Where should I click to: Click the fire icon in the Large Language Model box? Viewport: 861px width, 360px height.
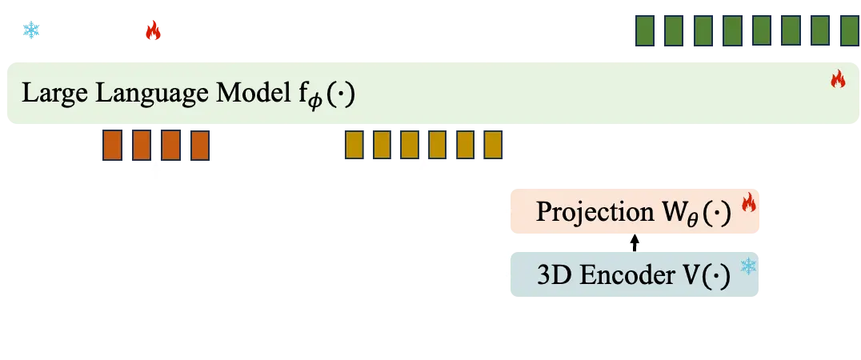click(x=837, y=78)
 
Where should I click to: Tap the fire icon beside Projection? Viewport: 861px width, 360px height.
click(x=748, y=204)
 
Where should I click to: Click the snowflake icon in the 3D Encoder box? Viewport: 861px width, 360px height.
click(x=748, y=266)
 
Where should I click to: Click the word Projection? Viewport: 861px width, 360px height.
click(x=591, y=213)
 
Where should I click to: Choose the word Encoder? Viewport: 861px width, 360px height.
click(x=617, y=275)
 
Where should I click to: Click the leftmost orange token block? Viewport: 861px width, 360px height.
click(x=113, y=146)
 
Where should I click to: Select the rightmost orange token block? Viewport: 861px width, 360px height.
click(x=199, y=146)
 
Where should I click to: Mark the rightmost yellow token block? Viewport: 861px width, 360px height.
click(x=493, y=145)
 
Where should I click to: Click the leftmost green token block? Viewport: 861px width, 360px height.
click(x=647, y=31)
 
